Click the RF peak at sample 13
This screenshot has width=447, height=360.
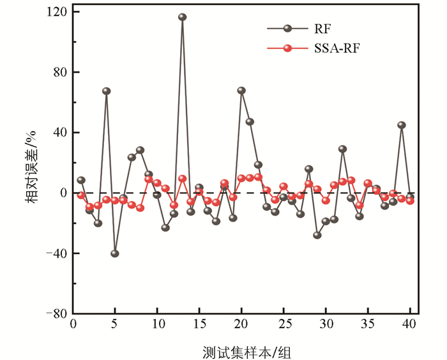[x=182, y=17]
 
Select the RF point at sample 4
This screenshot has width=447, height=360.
[x=107, y=91]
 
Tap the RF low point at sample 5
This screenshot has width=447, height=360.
[x=115, y=253]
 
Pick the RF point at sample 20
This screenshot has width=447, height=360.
[x=241, y=91]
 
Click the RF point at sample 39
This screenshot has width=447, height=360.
[x=402, y=125]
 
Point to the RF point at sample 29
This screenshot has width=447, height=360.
[x=317, y=235]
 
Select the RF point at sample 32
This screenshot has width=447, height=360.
[x=342, y=149]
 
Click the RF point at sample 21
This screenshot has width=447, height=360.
[x=250, y=122]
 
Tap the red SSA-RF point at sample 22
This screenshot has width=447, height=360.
[x=258, y=177]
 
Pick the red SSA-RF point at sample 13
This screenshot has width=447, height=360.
[x=182, y=179]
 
